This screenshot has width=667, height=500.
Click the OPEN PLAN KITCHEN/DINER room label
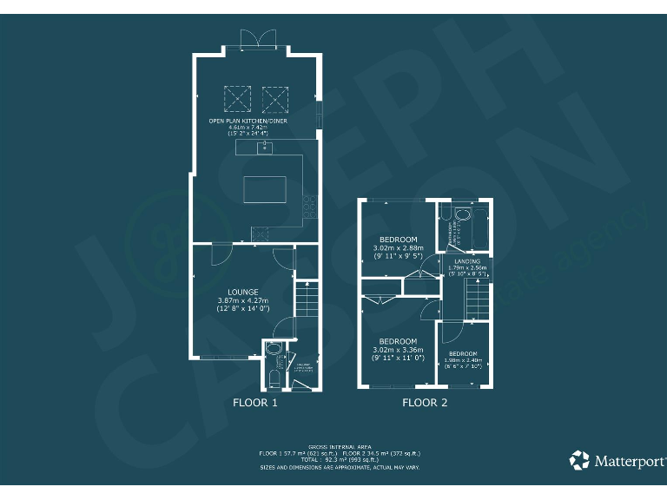(248, 121)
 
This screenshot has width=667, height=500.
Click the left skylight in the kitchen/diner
(237, 98)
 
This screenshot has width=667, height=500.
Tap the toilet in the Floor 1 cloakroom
(272, 378)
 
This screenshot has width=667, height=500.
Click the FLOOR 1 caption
(254, 403)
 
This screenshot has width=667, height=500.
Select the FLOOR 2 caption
(425, 403)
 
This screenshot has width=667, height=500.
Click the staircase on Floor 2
(479, 302)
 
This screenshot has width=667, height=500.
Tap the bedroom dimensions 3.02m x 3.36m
(398, 350)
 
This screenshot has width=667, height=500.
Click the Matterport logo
(617, 459)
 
